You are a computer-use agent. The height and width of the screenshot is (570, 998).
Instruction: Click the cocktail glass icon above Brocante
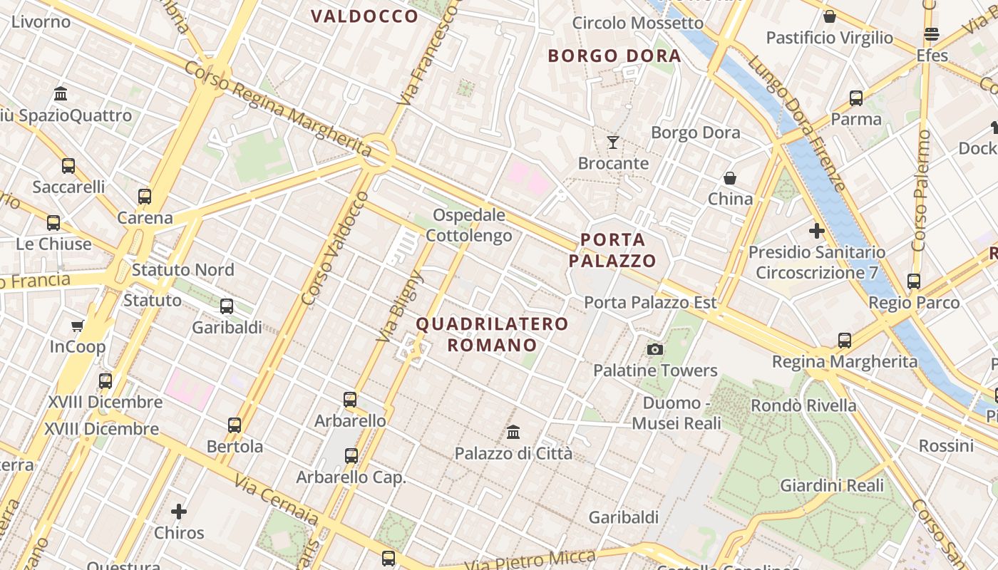[x=612, y=142]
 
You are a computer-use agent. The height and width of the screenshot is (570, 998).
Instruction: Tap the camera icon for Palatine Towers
[x=654, y=349]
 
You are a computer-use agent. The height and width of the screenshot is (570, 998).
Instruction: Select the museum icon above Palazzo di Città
[x=513, y=432]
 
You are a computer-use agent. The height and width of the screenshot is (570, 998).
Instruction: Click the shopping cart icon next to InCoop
[x=78, y=326]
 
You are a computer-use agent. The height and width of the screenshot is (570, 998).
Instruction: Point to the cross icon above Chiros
[x=179, y=512]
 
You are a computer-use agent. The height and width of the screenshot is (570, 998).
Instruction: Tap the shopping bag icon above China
[x=729, y=177]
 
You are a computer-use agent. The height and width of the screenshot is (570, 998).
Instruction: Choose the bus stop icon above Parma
[x=856, y=98]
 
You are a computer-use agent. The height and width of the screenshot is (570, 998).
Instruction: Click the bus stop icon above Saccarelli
[x=68, y=166]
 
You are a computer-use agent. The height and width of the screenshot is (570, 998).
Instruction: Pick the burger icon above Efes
[x=931, y=34]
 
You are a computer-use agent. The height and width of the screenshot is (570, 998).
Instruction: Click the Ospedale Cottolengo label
[x=469, y=225]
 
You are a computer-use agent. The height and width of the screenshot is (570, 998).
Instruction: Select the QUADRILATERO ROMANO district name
[x=492, y=335]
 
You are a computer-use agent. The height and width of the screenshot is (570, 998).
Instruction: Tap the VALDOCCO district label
[x=364, y=16]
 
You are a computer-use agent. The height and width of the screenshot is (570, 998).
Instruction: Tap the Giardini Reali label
[x=832, y=486]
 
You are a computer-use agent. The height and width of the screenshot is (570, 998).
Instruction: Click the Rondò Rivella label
[x=803, y=405]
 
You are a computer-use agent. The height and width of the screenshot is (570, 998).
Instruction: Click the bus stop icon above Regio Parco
[x=914, y=281]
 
